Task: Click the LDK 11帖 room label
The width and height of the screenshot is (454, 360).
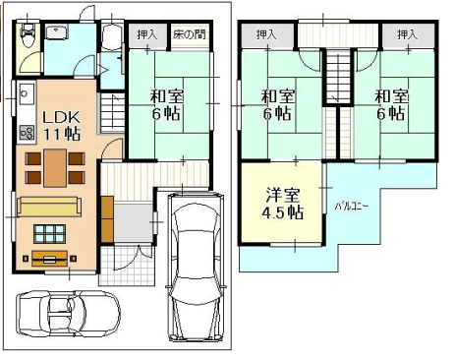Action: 62,125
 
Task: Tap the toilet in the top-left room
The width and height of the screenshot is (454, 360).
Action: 27,34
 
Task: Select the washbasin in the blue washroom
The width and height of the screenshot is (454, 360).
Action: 56,32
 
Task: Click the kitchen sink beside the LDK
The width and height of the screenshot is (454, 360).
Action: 26,94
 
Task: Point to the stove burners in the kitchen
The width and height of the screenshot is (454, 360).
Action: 27,133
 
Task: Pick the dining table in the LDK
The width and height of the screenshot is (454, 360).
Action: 55,167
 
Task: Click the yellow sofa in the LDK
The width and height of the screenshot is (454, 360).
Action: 49,207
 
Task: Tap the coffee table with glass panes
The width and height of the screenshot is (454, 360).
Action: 49,233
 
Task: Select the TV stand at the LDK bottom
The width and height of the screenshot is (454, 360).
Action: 50,259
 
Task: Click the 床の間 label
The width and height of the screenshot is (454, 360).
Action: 190,34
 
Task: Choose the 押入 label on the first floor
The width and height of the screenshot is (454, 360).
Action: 147,34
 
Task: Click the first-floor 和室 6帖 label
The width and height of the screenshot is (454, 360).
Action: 166,105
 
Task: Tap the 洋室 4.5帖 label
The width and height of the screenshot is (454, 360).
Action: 282,204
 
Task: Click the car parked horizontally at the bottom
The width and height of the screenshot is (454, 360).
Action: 68,314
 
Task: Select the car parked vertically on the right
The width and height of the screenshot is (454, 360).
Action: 196,268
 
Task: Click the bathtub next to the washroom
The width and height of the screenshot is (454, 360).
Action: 112,37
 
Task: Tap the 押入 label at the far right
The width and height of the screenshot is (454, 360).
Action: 407,34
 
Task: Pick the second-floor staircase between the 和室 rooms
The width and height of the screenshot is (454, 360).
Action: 338,77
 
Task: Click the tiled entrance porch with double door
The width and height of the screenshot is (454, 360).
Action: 127,266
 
